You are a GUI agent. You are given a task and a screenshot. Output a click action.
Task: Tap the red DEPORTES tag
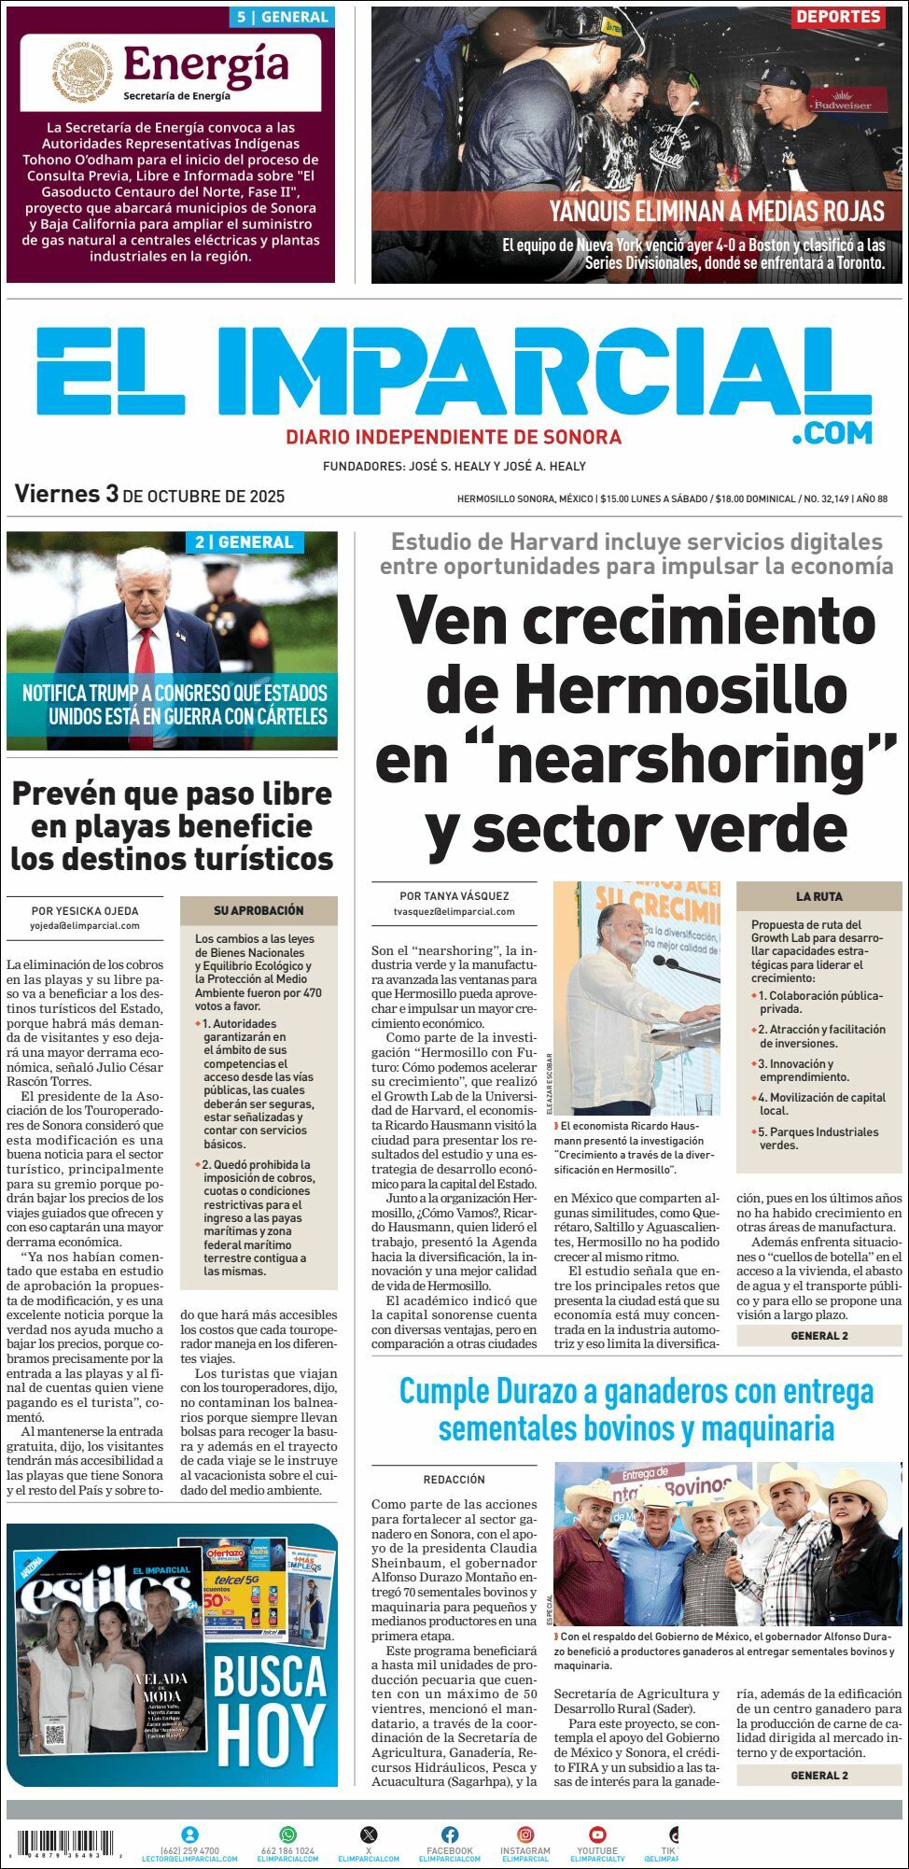838,17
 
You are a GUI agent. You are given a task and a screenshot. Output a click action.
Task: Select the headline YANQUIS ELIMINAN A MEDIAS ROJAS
716,211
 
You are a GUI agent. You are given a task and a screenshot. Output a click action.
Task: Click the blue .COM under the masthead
832,432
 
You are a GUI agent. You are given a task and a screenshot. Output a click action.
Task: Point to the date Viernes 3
66,494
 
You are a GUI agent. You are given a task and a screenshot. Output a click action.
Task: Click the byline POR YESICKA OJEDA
85,911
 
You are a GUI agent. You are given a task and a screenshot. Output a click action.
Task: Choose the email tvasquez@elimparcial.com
454,911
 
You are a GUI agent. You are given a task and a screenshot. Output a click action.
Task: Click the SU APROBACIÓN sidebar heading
259,910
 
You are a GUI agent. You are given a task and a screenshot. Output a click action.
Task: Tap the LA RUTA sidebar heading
818,896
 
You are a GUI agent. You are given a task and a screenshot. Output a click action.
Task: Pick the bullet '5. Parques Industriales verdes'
818,1138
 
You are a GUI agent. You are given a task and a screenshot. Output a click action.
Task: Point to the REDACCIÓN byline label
454,1480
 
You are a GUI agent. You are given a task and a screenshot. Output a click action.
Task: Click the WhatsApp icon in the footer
287,1834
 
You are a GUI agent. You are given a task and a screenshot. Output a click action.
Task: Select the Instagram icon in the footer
525,1834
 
